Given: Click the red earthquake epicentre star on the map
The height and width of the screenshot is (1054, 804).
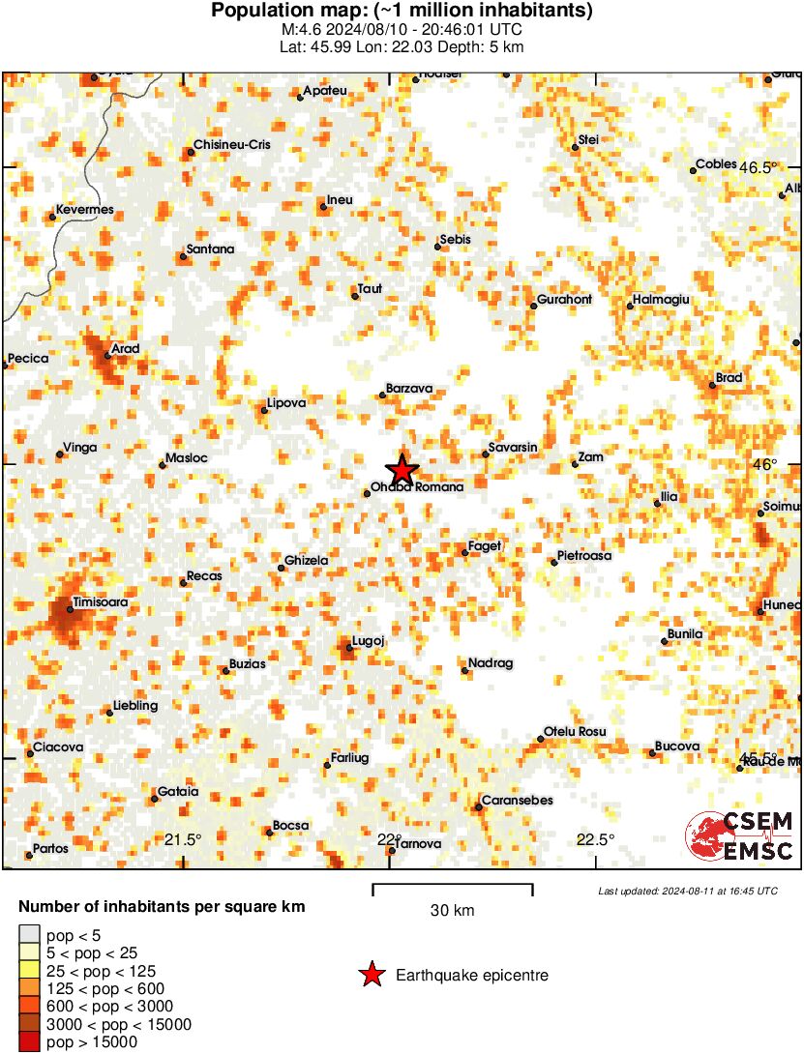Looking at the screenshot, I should (402, 470).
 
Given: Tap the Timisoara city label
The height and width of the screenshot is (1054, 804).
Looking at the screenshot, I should (101, 602).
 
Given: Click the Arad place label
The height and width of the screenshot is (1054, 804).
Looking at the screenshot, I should (126, 349).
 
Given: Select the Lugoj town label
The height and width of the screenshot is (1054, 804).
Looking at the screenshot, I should (370, 641).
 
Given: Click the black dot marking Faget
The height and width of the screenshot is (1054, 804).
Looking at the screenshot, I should (464, 552).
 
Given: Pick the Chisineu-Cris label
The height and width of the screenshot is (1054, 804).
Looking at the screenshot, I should (232, 145).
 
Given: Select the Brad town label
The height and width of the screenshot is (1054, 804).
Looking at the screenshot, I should (729, 378).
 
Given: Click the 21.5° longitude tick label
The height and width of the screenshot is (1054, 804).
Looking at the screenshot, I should (183, 839).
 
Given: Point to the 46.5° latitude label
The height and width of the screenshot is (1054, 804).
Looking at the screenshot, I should (759, 167).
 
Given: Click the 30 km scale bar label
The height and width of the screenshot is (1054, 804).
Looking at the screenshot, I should (452, 911).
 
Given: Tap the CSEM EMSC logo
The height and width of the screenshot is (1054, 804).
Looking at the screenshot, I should (740, 835).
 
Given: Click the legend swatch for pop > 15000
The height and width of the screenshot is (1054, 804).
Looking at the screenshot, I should (30, 1041).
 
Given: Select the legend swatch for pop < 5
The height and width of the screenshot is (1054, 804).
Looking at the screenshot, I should (30, 935).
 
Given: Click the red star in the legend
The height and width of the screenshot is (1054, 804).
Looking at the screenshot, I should (371, 976).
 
